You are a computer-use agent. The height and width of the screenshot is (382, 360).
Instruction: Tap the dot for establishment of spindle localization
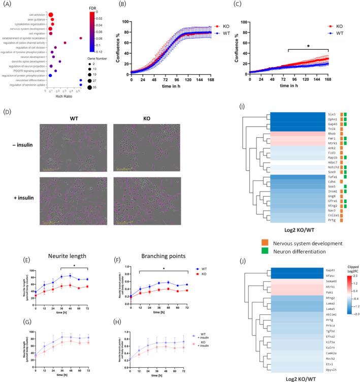(81, 38)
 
